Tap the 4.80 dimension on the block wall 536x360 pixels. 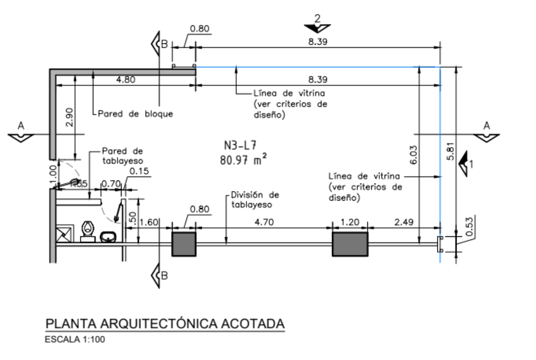pos(125,80)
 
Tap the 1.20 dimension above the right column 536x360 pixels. pos(349,222)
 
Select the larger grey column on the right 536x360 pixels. pos(350,244)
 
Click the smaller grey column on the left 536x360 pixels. pos(184,244)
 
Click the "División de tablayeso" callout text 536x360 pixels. pos(255,200)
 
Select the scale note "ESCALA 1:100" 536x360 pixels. pos(75,340)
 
